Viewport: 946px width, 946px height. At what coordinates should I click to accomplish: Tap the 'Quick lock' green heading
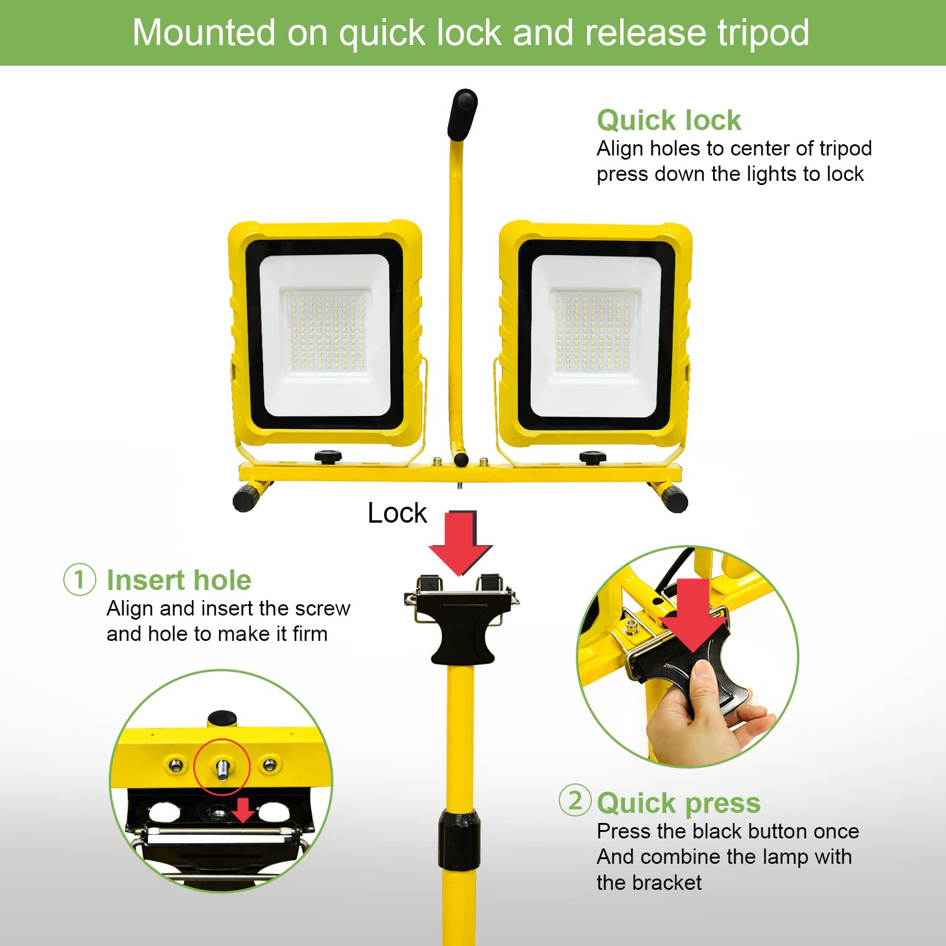[x=668, y=121]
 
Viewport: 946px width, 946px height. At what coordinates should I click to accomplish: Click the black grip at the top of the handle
[x=462, y=114]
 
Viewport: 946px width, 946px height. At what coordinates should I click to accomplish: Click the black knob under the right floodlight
[x=592, y=457]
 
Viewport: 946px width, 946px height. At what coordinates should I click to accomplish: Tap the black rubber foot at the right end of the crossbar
[x=675, y=500]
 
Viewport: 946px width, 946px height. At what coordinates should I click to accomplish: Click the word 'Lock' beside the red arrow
[x=397, y=513]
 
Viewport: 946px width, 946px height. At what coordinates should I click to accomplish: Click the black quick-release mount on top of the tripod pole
[x=462, y=627]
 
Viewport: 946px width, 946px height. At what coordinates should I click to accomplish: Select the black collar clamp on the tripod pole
[x=459, y=840]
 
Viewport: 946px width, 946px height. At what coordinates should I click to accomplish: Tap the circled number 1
[x=80, y=579]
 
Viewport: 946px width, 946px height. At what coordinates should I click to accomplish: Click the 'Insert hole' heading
[x=179, y=580]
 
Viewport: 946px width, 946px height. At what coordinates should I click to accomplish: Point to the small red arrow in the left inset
[x=242, y=810]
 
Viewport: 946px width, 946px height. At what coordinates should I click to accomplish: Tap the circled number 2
[x=575, y=801]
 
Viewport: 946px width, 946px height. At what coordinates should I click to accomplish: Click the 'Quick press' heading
[x=678, y=803]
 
